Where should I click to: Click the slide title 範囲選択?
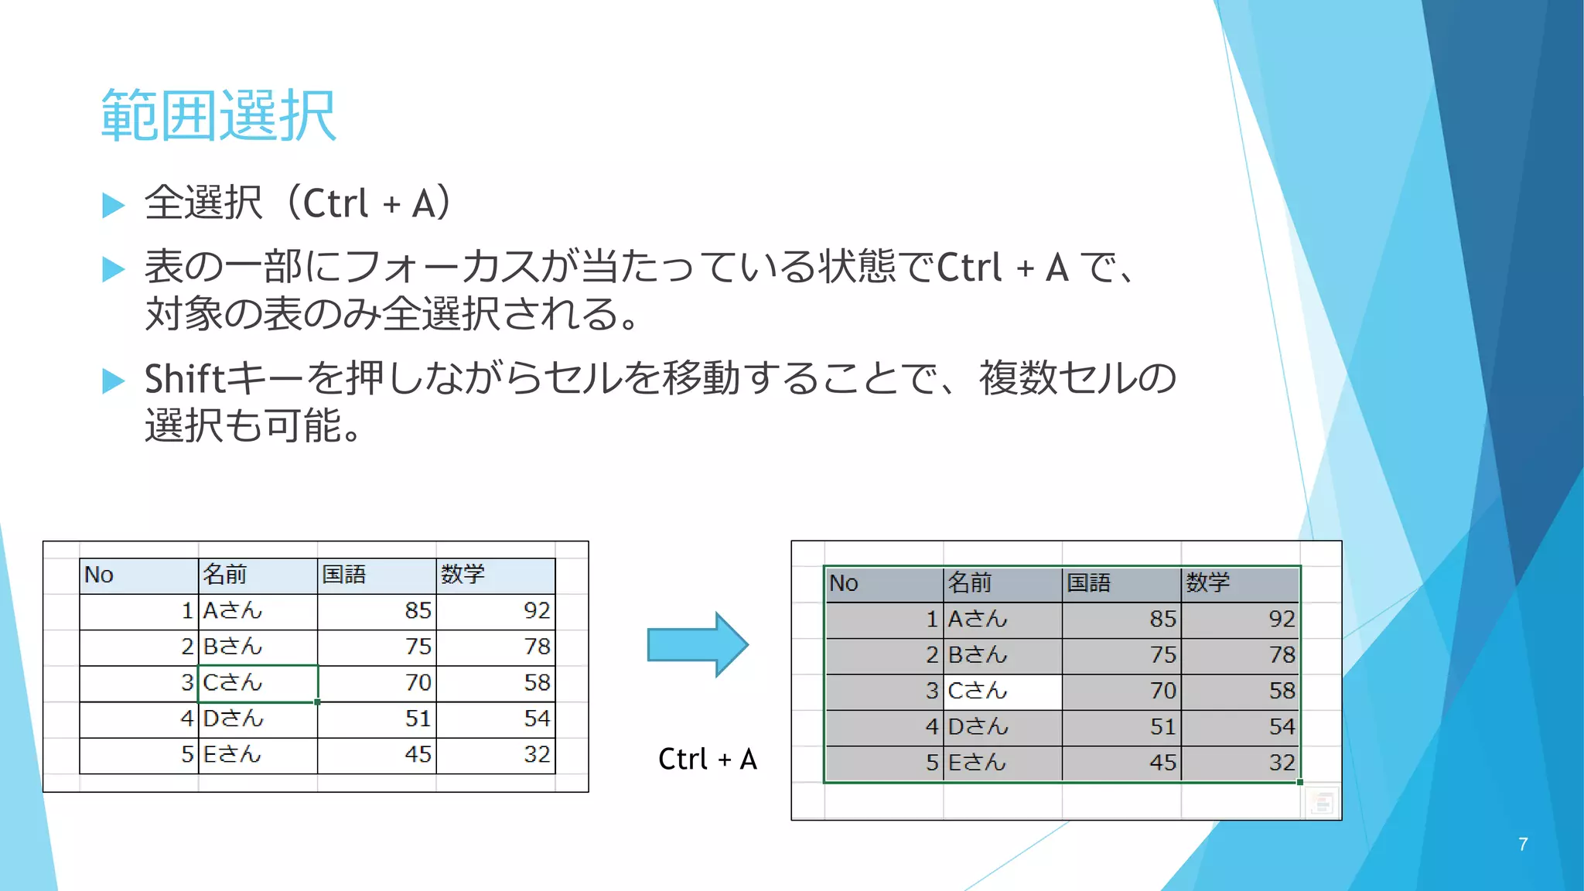coord(219,115)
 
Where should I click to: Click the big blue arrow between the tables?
coord(697,644)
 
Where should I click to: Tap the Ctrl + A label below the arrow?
coord(707,760)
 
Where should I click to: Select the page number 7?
coord(1522,844)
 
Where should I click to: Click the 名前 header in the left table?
coord(225,575)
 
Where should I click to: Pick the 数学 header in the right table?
coord(1207,582)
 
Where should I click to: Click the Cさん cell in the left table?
coord(233,683)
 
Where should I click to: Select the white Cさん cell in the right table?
coord(978,691)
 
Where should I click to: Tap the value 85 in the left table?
coord(418,611)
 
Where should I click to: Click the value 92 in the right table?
coord(1281,619)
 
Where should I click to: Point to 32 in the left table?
coord(537,754)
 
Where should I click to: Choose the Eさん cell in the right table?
coord(978,763)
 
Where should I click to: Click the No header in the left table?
coord(99,575)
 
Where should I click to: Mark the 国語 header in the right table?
coord(1088,582)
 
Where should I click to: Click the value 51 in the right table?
coord(1162,727)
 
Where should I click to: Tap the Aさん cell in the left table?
coord(233,611)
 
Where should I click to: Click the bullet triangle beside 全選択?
coord(114,205)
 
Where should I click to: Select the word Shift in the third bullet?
coord(184,379)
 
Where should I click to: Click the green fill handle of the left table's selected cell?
coord(318,702)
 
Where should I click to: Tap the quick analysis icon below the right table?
coord(1322,803)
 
